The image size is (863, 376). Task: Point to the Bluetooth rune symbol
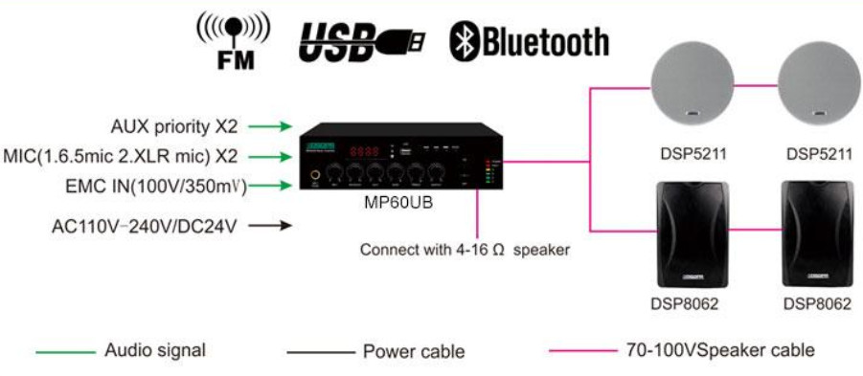click(465, 41)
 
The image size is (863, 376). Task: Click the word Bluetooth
click(545, 41)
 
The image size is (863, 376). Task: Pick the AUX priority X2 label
click(174, 125)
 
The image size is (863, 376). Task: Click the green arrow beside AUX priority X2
click(276, 125)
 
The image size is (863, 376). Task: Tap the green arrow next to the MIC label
click(276, 156)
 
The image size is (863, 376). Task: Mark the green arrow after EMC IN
click(276, 187)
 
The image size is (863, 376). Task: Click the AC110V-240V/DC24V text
click(144, 227)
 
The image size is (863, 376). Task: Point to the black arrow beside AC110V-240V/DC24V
click(276, 227)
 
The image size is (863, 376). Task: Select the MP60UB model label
click(396, 204)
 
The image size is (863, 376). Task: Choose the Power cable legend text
click(414, 351)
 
